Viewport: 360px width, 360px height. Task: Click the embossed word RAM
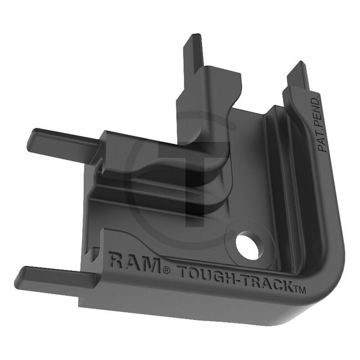click(x=132, y=261)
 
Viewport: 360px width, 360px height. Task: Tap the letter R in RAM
click(x=117, y=260)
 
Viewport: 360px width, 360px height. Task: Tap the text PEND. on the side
click(x=327, y=110)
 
